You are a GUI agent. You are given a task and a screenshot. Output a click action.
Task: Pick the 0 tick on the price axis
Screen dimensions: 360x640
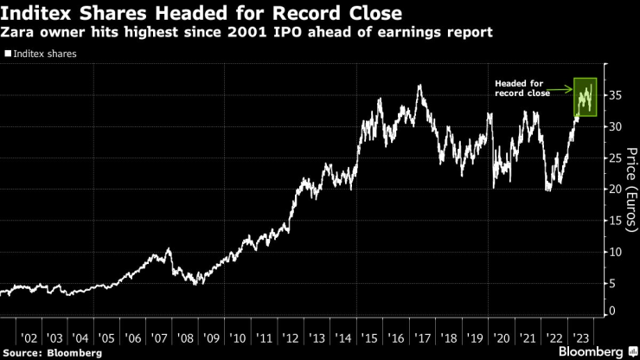(x=613, y=310)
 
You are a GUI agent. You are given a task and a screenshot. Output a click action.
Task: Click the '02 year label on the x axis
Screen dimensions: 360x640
(x=28, y=338)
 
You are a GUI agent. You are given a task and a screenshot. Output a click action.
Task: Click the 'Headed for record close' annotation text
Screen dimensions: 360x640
(x=522, y=88)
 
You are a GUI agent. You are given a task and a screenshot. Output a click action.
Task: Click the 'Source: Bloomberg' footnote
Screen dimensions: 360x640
(x=53, y=353)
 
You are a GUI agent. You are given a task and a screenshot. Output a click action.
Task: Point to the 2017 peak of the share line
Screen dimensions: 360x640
(x=419, y=86)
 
